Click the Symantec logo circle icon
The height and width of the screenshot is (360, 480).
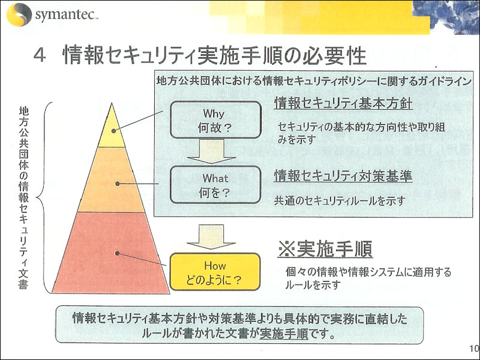19,14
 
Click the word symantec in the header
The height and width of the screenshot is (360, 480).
66,14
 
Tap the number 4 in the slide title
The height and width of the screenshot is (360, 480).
40,55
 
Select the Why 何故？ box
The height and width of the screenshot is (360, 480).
215,120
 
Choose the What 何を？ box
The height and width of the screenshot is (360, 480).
215,185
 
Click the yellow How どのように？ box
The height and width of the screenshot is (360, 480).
215,272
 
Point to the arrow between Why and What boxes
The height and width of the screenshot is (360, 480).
212,151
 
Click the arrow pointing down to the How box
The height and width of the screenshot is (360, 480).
211,236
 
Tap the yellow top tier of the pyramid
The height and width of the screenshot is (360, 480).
112,128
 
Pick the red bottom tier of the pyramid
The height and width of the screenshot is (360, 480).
111,253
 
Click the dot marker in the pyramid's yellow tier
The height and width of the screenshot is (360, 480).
113,131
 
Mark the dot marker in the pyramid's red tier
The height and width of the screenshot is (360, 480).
116,253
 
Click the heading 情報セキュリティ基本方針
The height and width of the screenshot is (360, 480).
343,103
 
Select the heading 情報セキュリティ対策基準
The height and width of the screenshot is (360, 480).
343,176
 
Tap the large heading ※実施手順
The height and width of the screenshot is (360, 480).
325,248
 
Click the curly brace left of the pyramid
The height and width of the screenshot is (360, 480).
43,198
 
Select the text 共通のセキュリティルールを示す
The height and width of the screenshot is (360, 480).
340,201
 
